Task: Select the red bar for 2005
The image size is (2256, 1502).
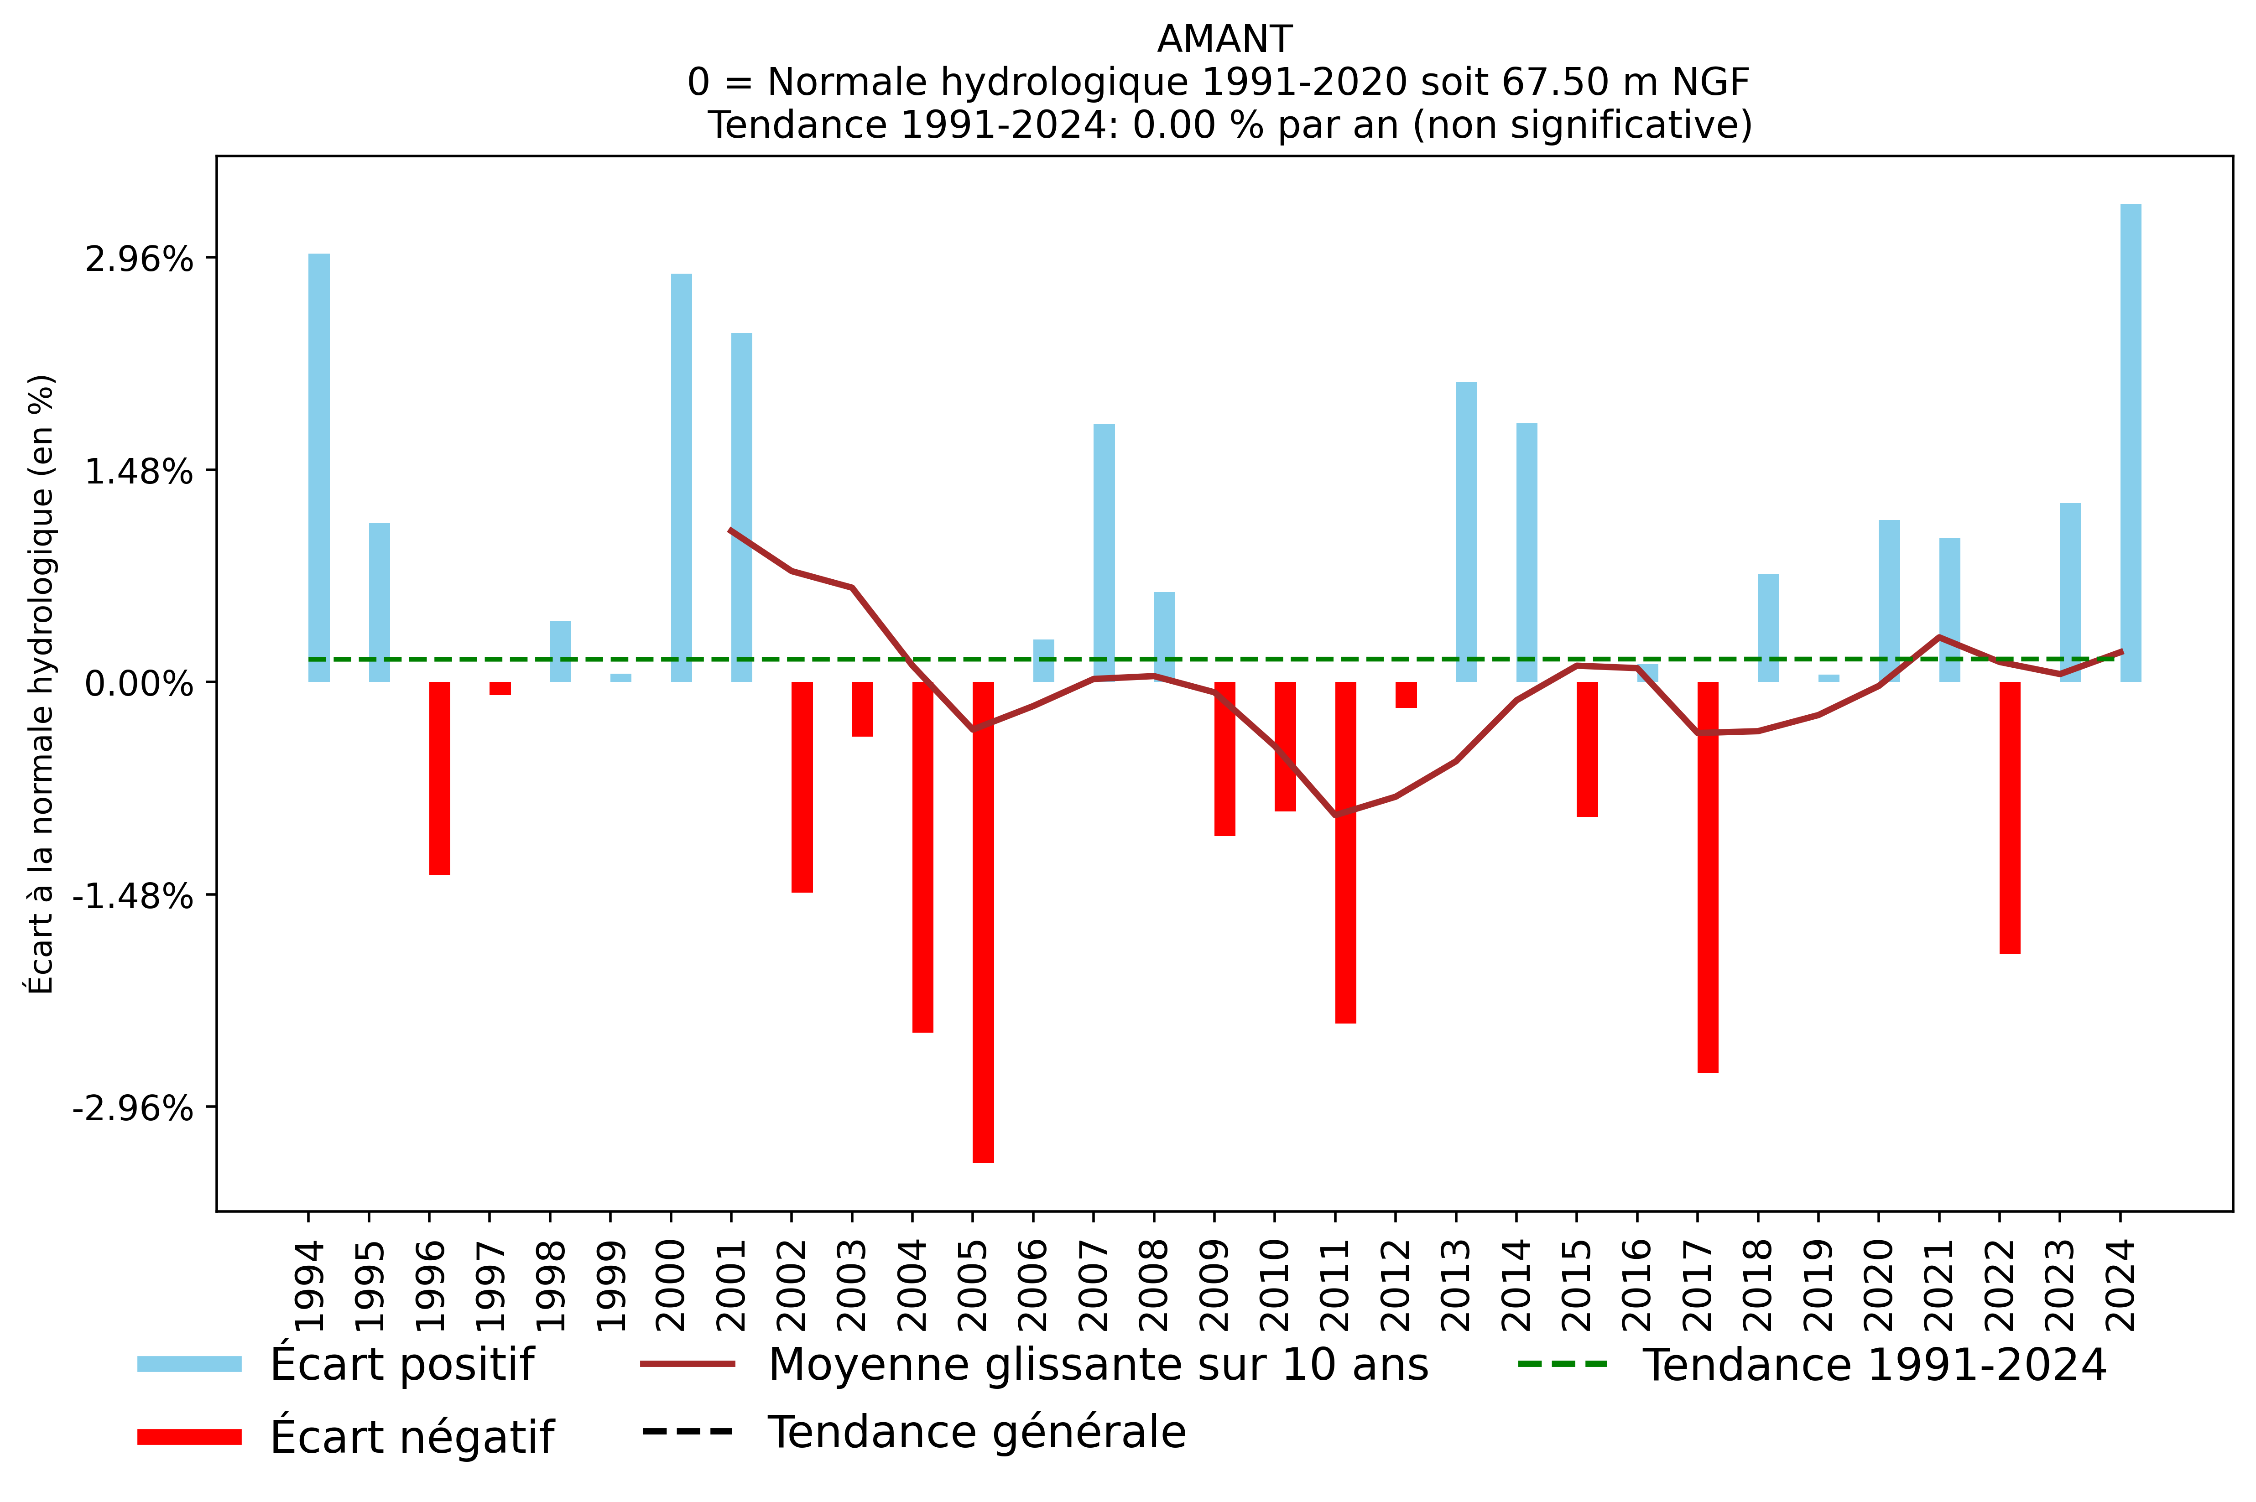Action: coord(983,920)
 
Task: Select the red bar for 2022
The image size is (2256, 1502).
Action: coord(2010,817)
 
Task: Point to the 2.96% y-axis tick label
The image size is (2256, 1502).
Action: coord(139,259)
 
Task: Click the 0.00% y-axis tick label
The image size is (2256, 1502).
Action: coord(139,684)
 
